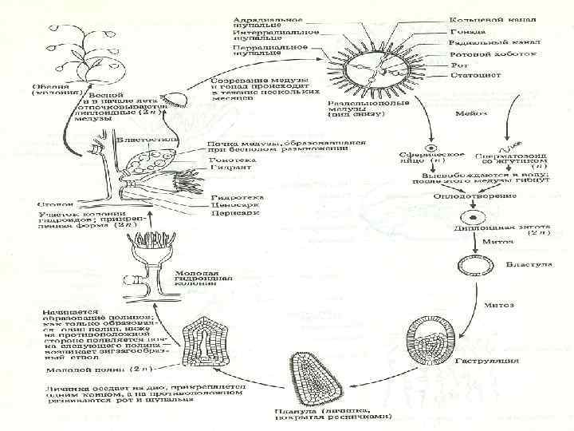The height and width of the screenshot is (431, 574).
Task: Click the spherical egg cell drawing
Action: tap(431, 148)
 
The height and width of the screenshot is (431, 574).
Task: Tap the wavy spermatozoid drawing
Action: tap(507, 148)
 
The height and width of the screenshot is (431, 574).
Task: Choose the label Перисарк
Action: tap(227, 214)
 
